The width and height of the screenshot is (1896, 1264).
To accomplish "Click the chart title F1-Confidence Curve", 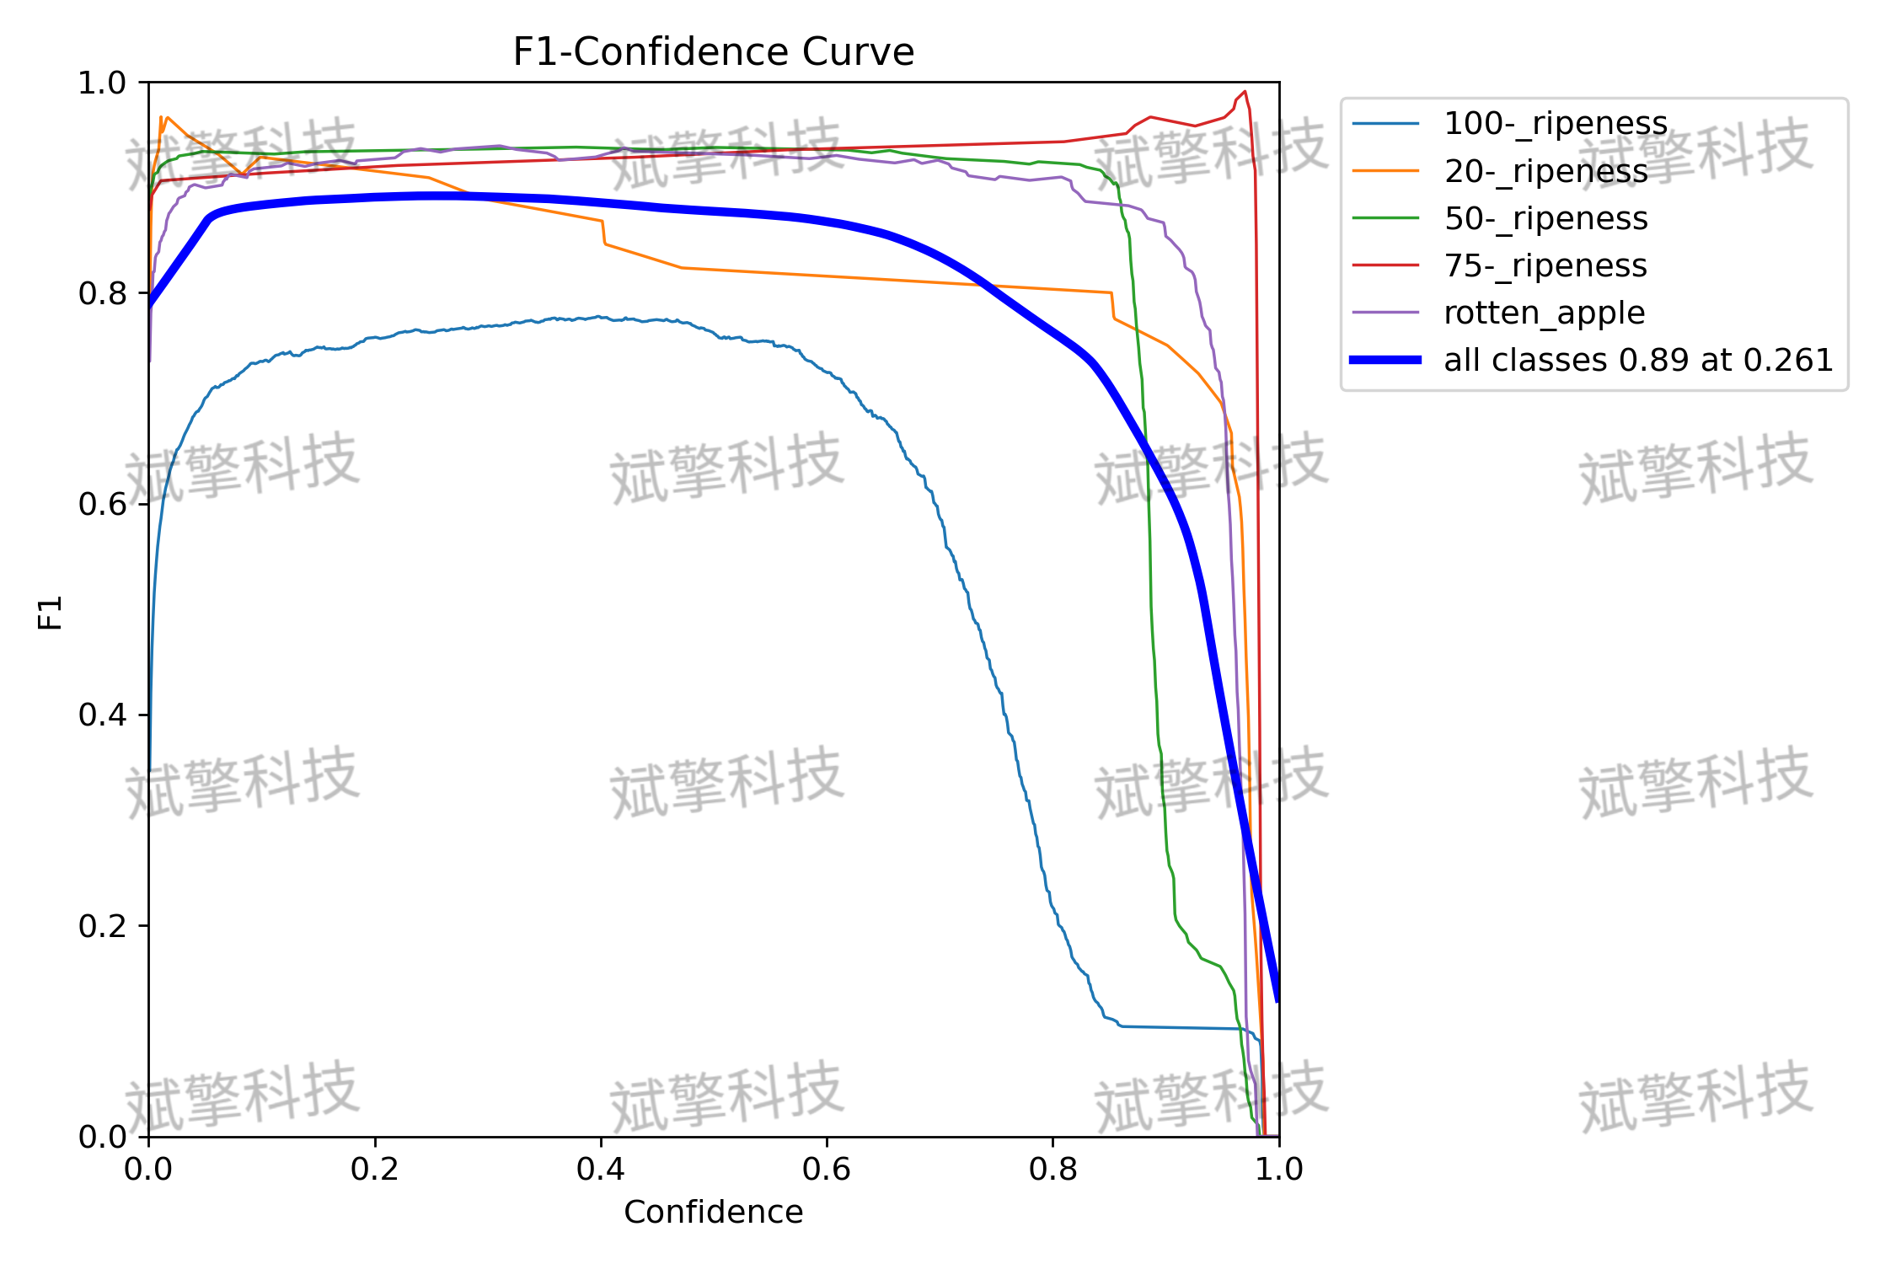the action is click(x=713, y=51).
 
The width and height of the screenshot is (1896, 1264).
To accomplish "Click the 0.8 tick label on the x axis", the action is click(x=1052, y=1169).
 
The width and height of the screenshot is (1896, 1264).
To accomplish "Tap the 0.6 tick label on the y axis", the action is click(x=102, y=504).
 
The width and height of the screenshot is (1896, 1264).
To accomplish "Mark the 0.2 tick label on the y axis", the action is click(x=102, y=926).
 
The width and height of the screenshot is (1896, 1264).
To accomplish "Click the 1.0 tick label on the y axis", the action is click(x=102, y=83).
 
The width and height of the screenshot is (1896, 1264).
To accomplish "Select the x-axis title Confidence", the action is click(x=713, y=1212).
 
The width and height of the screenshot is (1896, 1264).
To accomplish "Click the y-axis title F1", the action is click(x=51, y=613).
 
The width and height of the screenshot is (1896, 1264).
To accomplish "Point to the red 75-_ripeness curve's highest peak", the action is click(x=1245, y=91).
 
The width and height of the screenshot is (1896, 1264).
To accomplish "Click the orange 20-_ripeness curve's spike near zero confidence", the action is click(x=161, y=117).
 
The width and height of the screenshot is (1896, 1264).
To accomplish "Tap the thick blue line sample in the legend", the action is click(x=1385, y=360).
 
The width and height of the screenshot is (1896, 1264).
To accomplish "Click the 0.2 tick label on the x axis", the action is click(x=375, y=1169).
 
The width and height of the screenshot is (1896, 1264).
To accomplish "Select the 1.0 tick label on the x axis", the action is click(x=1279, y=1169).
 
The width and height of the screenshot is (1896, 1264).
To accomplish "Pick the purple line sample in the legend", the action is click(x=1385, y=313).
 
